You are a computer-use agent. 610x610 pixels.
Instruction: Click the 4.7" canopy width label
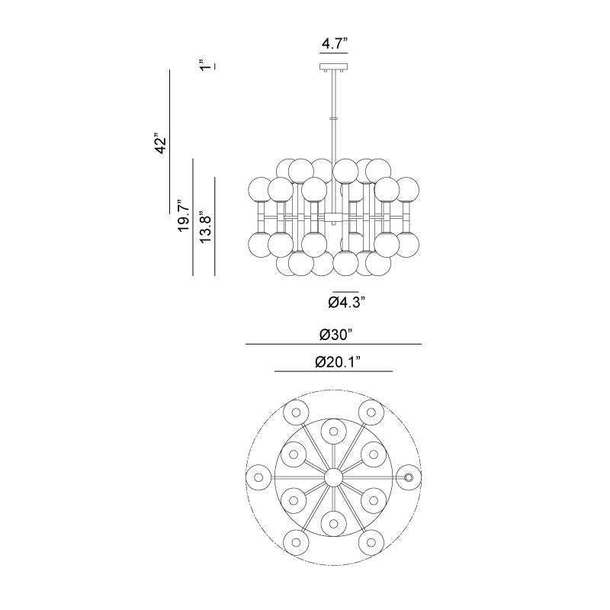coord(334,43)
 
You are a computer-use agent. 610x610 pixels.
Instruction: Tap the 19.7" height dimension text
coord(184,217)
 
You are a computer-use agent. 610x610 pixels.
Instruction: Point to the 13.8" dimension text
coord(205,227)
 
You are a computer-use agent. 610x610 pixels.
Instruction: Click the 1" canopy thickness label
coord(205,65)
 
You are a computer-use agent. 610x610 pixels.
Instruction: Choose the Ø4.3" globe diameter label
coord(346,302)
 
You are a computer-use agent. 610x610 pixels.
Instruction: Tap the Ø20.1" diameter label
coord(337,363)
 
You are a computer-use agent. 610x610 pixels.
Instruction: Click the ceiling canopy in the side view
coord(334,67)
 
